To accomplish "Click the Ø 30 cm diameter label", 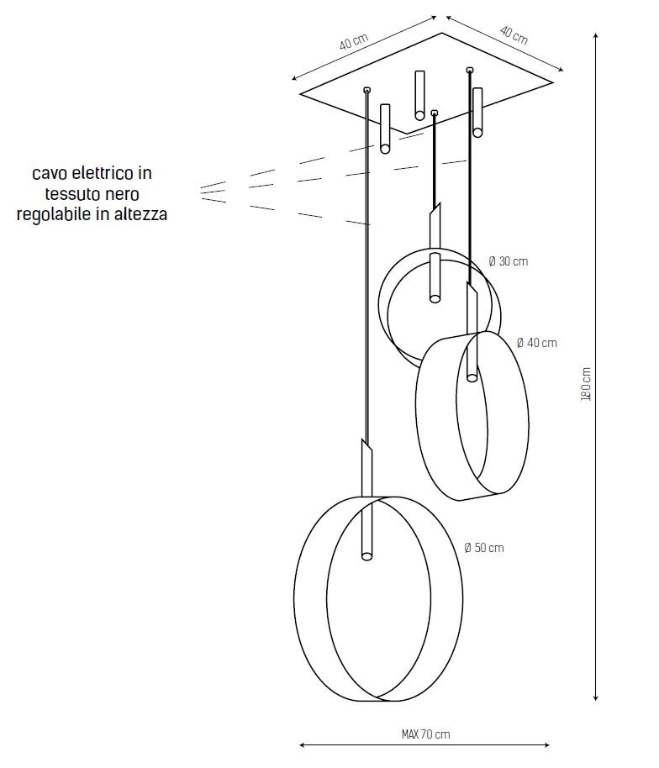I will coord(509,261).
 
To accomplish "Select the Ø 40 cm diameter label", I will coord(536,343).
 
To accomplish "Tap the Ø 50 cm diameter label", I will coord(484,548).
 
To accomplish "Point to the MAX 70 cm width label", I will coord(425,734).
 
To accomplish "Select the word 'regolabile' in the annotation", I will coord(53,214).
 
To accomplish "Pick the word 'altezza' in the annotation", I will coord(141,214).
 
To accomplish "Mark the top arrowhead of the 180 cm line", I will coord(596,35).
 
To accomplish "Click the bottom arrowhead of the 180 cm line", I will coord(596,697).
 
